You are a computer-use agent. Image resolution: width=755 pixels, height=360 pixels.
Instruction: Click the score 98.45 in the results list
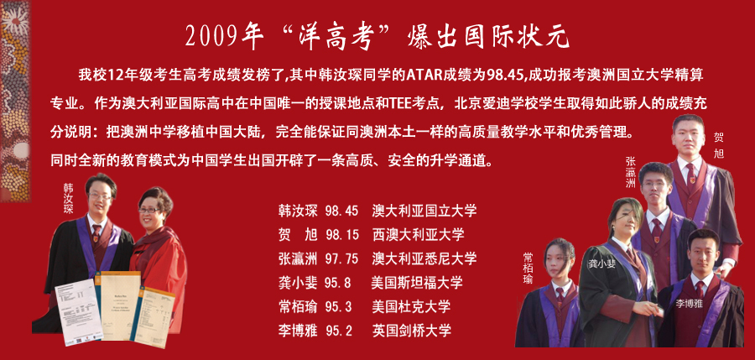[x=341, y=211]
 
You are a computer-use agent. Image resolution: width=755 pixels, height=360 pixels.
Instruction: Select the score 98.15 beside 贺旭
[x=341, y=235]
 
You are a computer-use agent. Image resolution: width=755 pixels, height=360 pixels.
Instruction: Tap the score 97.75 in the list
[x=341, y=258]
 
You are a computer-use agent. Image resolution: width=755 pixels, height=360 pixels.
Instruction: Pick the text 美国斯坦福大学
[x=417, y=283]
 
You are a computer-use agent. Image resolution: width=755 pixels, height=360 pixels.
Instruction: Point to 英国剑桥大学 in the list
[x=411, y=331]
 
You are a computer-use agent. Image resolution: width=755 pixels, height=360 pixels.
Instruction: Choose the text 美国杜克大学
[x=411, y=306]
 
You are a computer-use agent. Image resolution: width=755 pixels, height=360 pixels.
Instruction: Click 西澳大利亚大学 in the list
[x=418, y=235]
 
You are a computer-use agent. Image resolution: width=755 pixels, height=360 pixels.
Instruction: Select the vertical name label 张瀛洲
[x=630, y=172]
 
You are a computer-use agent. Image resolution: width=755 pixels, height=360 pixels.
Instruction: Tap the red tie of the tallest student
[x=691, y=174]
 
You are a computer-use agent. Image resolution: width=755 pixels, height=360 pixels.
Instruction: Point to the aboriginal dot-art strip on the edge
[x=15, y=102]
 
